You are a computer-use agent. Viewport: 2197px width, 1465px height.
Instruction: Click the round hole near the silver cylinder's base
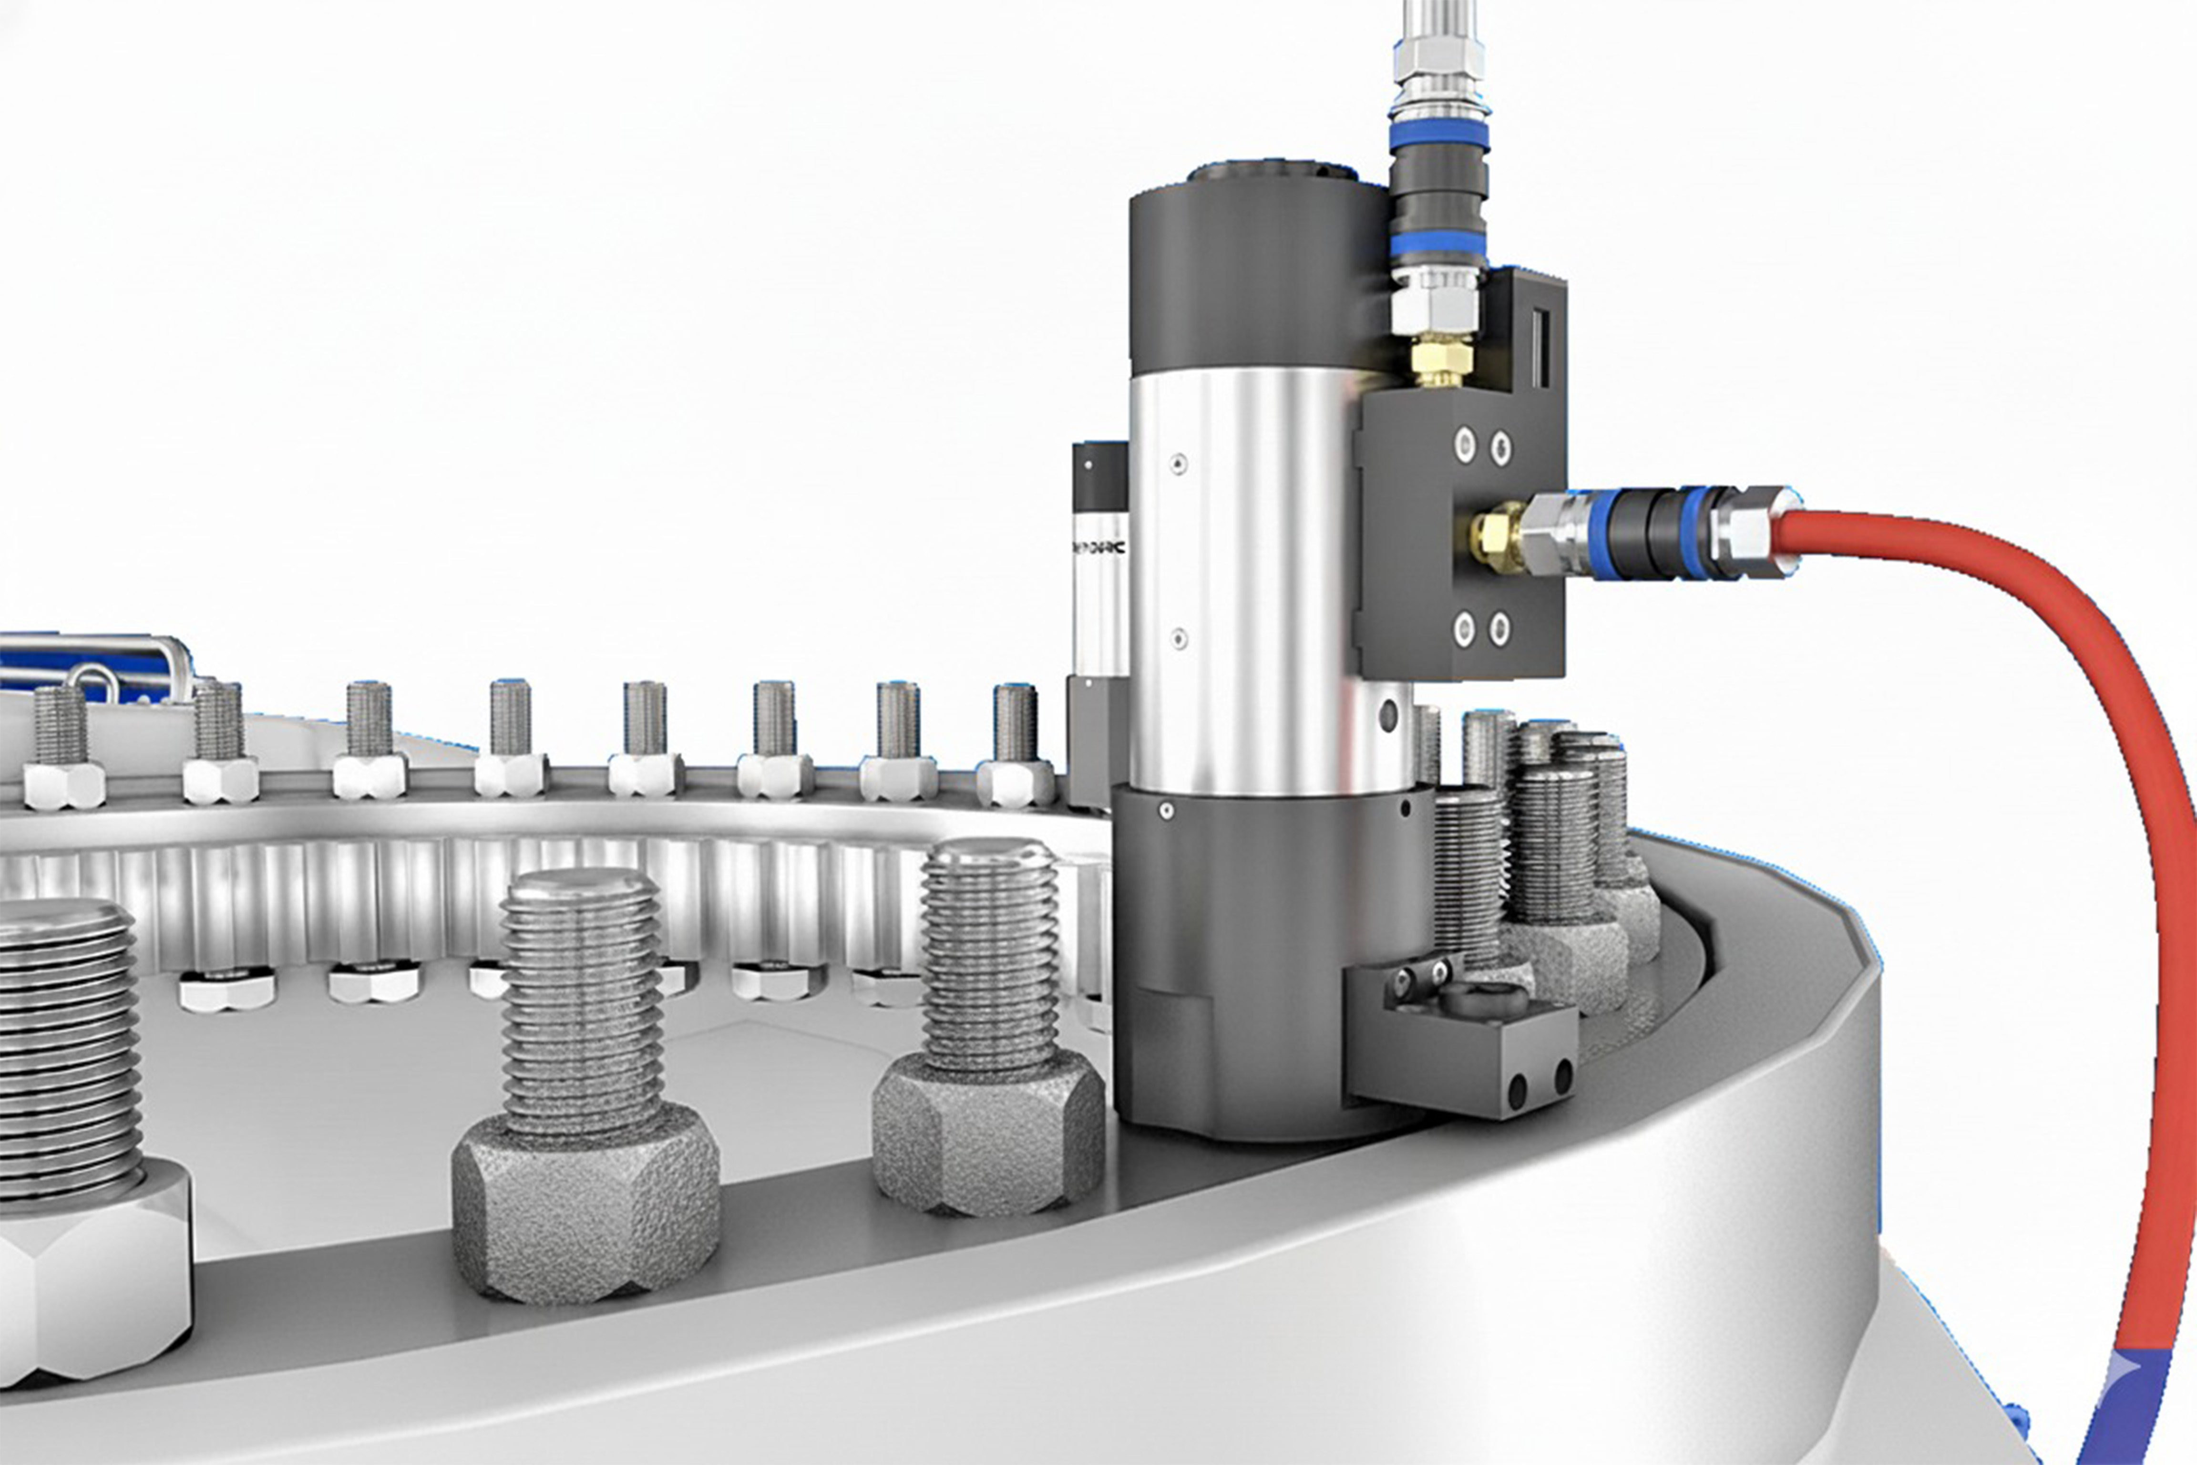click(x=1389, y=718)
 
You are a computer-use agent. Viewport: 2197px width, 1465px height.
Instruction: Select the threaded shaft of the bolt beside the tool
click(x=990, y=953)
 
